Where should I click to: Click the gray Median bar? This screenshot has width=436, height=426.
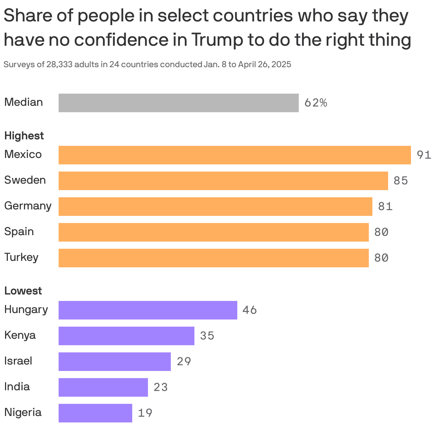[x=178, y=103]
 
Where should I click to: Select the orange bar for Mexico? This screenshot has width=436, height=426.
[x=234, y=155]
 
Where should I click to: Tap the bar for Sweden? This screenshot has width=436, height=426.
[x=223, y=181]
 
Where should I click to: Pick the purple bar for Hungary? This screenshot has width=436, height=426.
[x=148, y=310]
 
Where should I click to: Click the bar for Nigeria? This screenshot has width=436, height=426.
[x=95, y=413]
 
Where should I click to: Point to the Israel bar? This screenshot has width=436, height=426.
[x=114, y=362]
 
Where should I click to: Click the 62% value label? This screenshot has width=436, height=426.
[x=316, y=103]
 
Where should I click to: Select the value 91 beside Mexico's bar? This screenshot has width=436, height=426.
[x=424, y=155]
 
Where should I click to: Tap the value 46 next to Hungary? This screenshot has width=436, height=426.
[x=249, y=310]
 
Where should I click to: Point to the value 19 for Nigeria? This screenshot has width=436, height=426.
[x=145, y=413]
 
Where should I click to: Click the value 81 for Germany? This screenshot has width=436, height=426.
[x=385, y=207]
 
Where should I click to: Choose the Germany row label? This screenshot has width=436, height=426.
[x=28, y=206]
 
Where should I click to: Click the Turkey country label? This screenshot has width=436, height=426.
[x=21, y=257]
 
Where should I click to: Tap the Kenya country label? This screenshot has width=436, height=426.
[x=20, y=335]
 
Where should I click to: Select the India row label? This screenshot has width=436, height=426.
[x=17, y=387]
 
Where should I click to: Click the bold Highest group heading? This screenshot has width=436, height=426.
[x=24, y=136]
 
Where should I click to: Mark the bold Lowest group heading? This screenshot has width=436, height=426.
[x=23, y=291]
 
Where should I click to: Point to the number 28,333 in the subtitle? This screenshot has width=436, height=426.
[x=59, y=65]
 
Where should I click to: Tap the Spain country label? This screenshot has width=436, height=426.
[x=19, y=232]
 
